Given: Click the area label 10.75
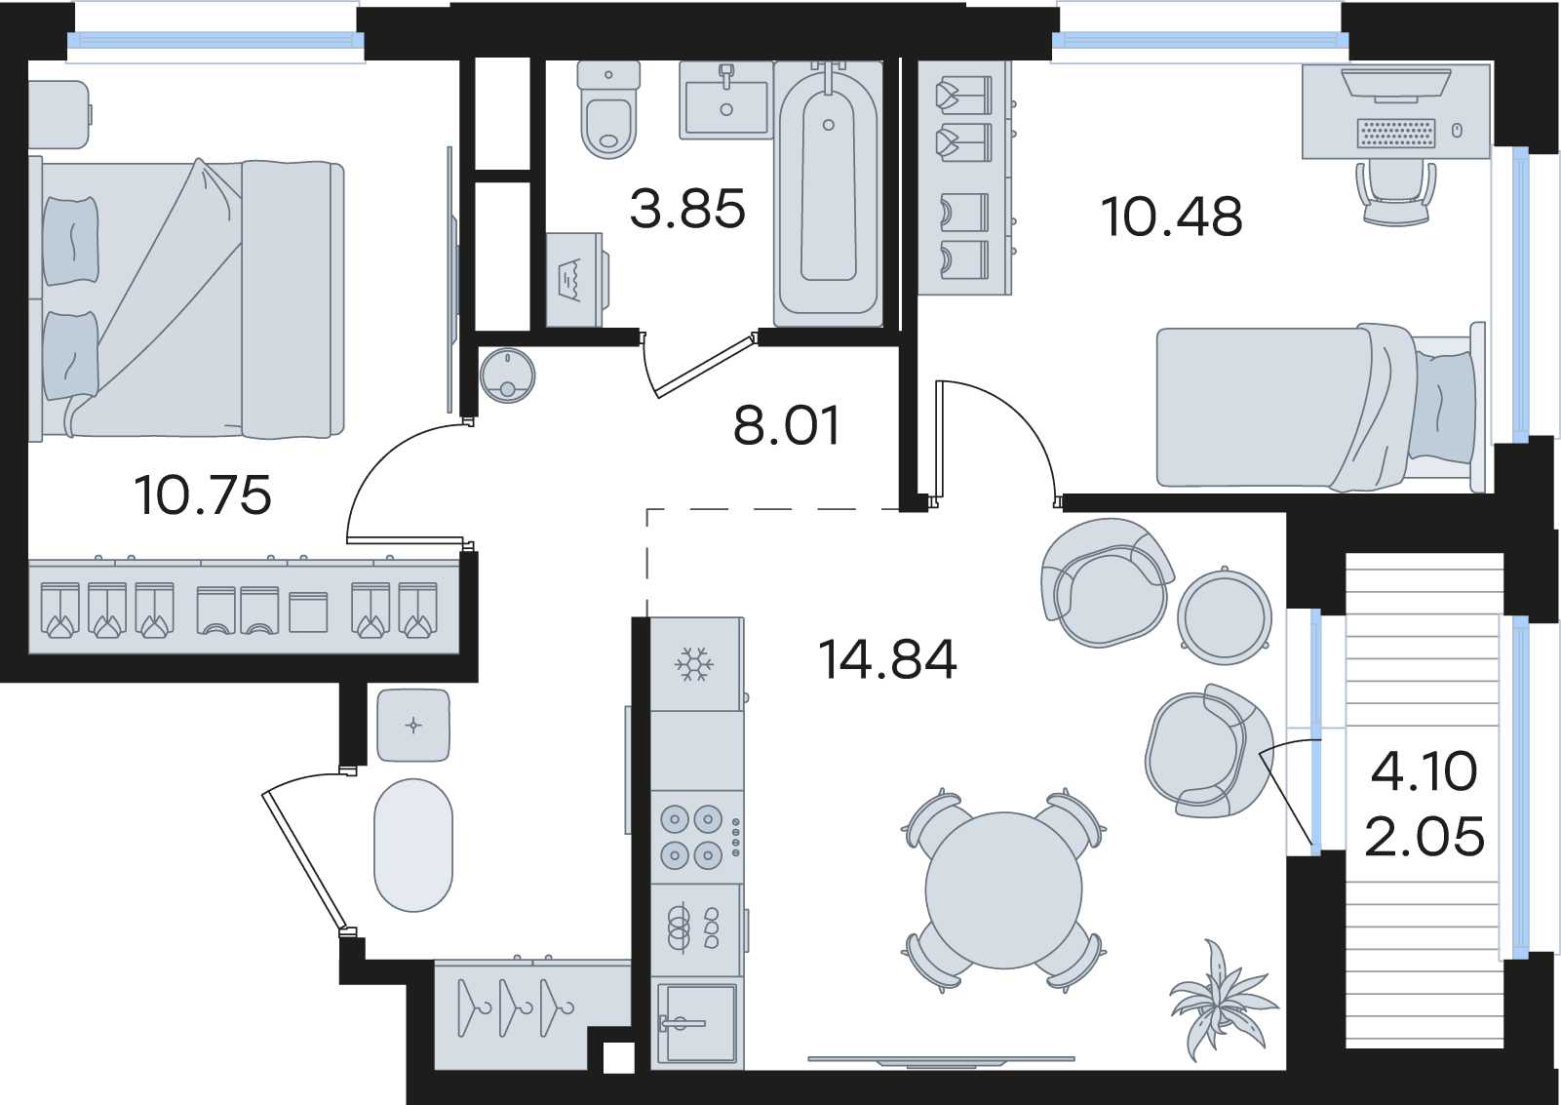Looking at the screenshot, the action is [202, 495].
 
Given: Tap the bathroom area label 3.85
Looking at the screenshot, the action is [687, 209].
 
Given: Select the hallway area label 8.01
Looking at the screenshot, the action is [787, 425].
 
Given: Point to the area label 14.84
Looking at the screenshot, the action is [887, 659].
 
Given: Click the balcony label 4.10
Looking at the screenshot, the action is [1424, 771].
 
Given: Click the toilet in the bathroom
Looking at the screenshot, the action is [608, 109].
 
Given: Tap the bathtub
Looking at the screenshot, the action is [828, 194].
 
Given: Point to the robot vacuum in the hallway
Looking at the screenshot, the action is [507, 375].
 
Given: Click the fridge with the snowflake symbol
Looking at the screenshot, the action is [696, 664].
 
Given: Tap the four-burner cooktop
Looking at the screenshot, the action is [696, 837].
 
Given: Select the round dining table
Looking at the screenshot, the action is [1003, 890].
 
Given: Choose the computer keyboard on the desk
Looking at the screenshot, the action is [1396, 133].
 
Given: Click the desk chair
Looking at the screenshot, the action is [1396, 192].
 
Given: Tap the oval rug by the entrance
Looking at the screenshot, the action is [413, 845].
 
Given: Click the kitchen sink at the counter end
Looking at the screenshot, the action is [696, 1022].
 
